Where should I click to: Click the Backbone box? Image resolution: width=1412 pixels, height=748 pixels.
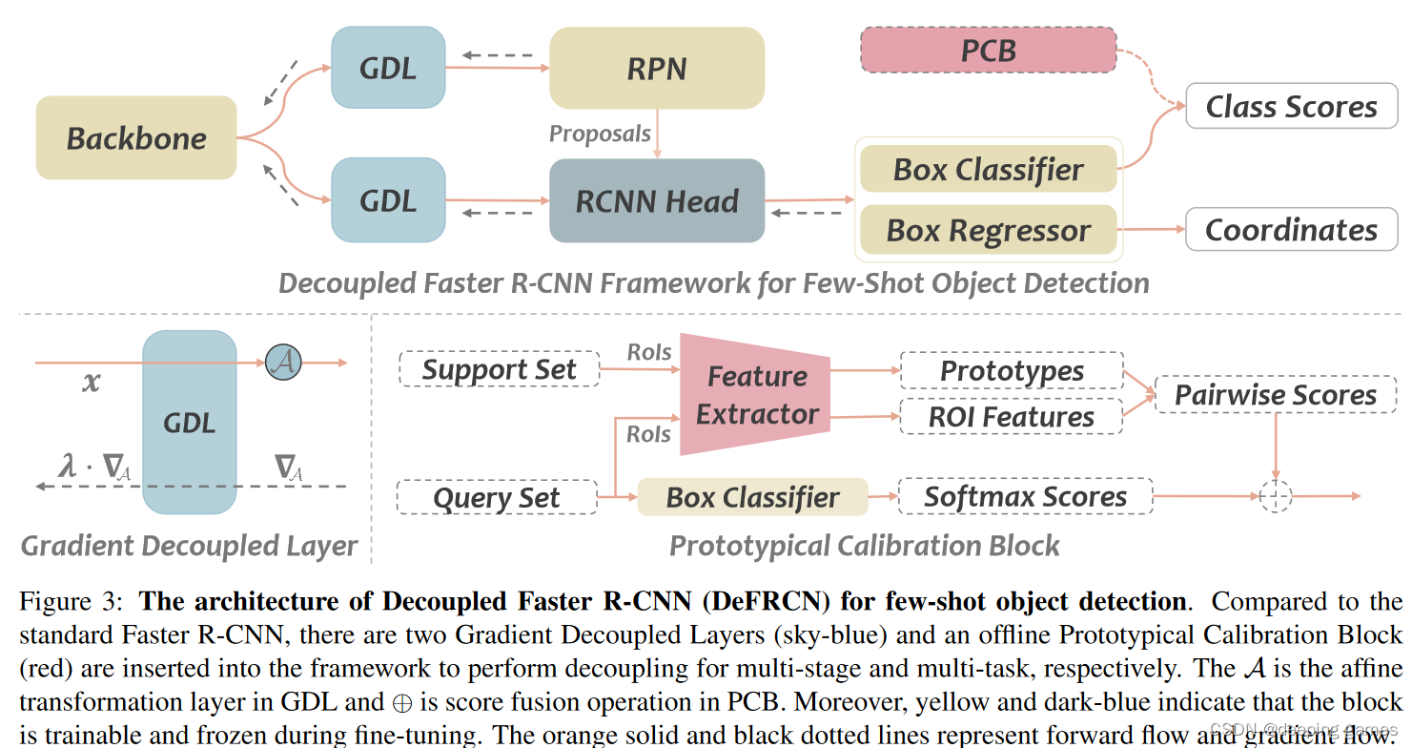pyautogui.click(x=136, y=138)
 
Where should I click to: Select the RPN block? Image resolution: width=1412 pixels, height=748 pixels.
pyautogui.click(x=657, y=68)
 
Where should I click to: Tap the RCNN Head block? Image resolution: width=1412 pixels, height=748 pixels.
pyautogui.click(x=657, y=201)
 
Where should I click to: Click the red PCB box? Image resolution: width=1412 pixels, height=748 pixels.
pyautogui.click(x=988, y=50)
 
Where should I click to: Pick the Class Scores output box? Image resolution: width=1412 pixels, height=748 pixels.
pyautogui.click(x=1291, y=107)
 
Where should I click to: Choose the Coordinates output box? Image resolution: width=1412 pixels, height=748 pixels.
pyautogui.click(x=1291, y=230)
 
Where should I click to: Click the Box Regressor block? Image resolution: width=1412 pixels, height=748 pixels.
pyautogui.click(x=988, y=231)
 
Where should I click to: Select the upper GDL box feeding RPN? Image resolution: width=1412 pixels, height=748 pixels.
pyautogui.click(x=388, y=68)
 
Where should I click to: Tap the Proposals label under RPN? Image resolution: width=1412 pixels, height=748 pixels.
pyautogui.click(x=600, y=134)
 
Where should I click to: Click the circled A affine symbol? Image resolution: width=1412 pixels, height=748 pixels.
pyautogui.click(x=283, y=362)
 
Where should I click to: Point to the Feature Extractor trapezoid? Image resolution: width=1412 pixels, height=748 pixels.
pyautogui.click(x=756, y=394)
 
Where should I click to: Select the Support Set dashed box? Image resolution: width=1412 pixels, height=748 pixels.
pyautogui.click(x=499, y=370)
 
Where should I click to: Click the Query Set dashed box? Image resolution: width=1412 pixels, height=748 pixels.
pyautogui.click(x=497, y=498)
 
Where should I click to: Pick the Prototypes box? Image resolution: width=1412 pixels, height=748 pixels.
pyautogui.click(x=1012, y=371)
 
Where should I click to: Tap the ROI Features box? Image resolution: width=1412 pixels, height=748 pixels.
pyautogui.click(x=1012, y=417)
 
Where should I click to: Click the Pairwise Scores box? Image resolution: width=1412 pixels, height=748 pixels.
pyautogui.click(x=1275, y=395)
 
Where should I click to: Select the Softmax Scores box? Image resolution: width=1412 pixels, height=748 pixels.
pyautogui.click(x=1025, y=497)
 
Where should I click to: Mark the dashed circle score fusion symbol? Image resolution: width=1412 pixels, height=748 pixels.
pyautogui.click(x=1275, y=496)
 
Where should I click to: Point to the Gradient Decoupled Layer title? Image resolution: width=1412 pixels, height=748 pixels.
pyautogui.click(x=189, y=546)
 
